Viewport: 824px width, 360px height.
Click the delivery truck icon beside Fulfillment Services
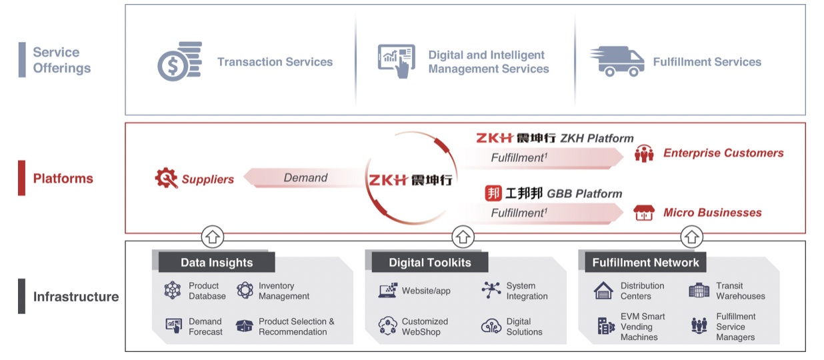pos(617,61)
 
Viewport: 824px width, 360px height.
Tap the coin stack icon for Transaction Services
pos(179,61)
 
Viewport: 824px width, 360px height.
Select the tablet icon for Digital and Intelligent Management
pos(396,61)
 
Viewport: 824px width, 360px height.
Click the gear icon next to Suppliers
pos(166,179)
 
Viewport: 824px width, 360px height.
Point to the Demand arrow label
pos(305,178)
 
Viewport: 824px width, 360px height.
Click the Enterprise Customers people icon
pos(644,154)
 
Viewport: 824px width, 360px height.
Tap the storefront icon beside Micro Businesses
pos(644,213)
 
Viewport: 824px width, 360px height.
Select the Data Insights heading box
pos(216,262)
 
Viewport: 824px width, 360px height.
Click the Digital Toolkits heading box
pos(429,262)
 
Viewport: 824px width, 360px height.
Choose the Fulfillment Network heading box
pos(645,262)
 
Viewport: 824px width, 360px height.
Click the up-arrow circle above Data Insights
pos(213,236)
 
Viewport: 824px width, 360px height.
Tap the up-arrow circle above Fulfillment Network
pos(691,236)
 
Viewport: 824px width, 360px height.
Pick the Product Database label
pos(207,291)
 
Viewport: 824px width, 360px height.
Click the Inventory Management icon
pos(245,291)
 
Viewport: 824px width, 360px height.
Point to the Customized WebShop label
pos(425,327)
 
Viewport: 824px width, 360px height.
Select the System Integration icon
pos(491,290)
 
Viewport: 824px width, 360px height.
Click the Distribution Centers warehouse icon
pos(603,291)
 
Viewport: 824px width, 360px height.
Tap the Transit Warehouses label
pos(740,291)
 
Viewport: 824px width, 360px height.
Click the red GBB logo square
pos(493,193)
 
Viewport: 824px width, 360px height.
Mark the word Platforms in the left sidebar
pos(63,179)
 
